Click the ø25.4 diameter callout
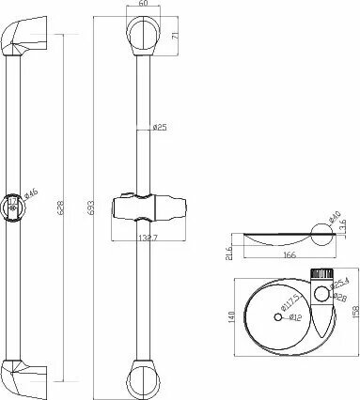coord(340,282)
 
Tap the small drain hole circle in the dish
coord(279,315)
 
